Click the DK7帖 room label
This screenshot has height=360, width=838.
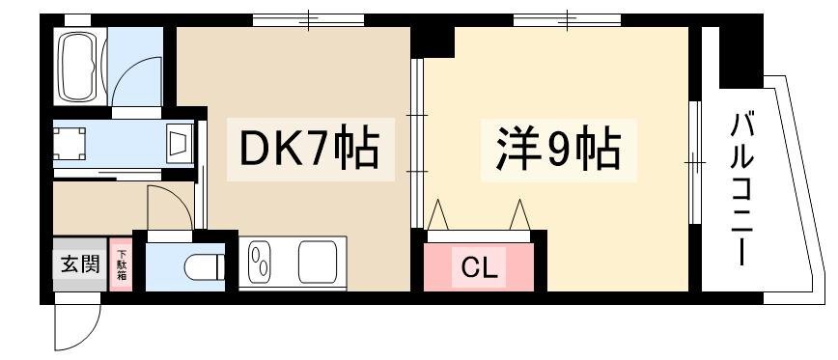pyautogui.click(x=310, y=149)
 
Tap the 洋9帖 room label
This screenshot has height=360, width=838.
pyautogui.click(x=558, y=150)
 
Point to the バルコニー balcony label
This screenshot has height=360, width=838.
pyautogui.click(x=742, y=189)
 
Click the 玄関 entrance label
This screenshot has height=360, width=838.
pyautogui.click(x=79, y=263)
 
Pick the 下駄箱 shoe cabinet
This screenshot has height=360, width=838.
pyautogui.click(x=121, y=264)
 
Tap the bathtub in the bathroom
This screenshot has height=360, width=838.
pyautogui.click(x=77, y=67)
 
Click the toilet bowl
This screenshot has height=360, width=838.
pyautogui.click(x=203, y=267)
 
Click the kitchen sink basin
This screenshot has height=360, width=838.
pyautogui.click(x=318, y=262)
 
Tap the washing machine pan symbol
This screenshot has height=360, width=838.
pyautogui.click(x=70, y=144)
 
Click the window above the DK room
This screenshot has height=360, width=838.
pyautogui.click(x=308, y=20)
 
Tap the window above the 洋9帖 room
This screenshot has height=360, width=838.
pyautogui.click(x=567, y=20)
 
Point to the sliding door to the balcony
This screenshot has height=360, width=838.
pyautogui.click(x=695, y=162)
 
